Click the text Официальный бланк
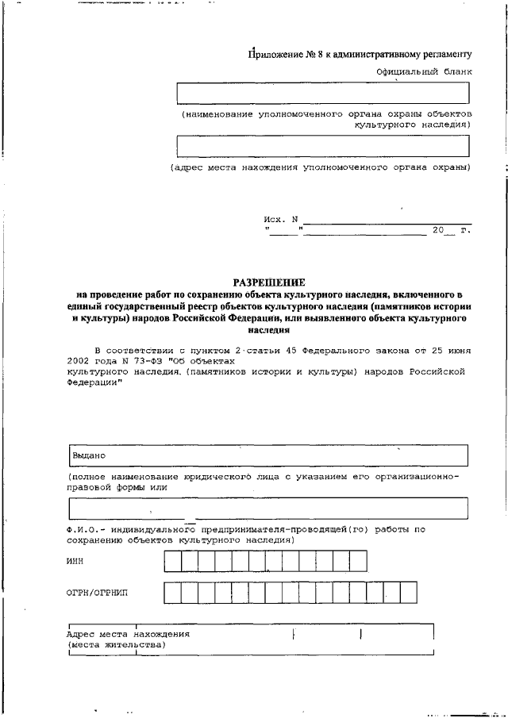click(x=424, y=71)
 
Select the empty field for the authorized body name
click(x=322, y=93)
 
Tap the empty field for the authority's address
click(x=322, y=147)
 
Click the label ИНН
click(x=75, y=562)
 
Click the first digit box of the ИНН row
click(x=172, y=562)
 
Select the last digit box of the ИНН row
click(x=358, y=562)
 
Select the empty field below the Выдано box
click(x=268, y=507)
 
